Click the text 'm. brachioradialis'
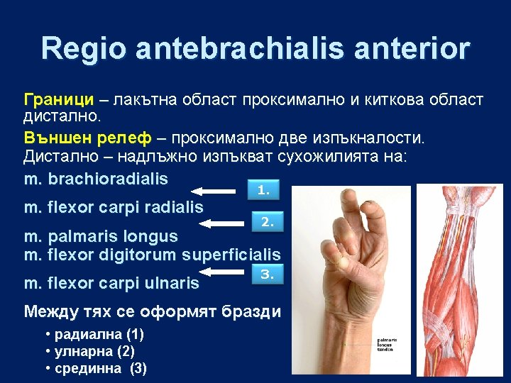(96, 178)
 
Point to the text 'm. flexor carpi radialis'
(114, 207)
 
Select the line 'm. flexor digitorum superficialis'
(153, 254)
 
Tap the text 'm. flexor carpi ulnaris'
(111, 284)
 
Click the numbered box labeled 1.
(263, 190)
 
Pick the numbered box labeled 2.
(268, 222)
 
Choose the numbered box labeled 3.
(268, 273)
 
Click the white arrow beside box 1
(216, 191)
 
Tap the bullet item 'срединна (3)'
(95, 368)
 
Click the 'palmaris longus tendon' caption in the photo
(387, 345)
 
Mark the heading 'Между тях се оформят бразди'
(152, 311)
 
